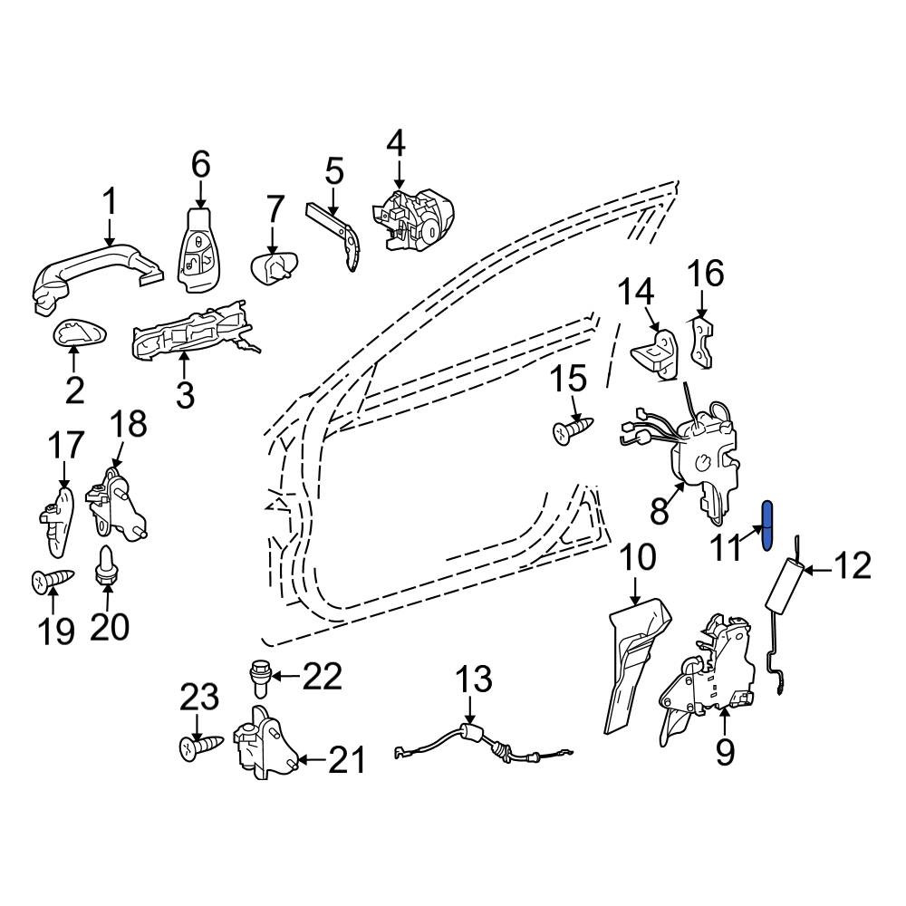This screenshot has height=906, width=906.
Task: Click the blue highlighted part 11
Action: pos(768,525)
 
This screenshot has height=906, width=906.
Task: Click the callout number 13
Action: pos(474,679)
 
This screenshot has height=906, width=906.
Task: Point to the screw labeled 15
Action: pos(573,430)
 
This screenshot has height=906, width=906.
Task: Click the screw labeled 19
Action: pos(53,581)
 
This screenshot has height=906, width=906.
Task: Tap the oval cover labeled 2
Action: pos(81,334)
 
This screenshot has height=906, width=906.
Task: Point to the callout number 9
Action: pos(725,752)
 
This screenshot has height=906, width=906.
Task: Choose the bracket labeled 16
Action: pos(702,342)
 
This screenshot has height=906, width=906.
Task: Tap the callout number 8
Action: pos(660,510)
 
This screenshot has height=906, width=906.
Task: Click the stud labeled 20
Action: pos(104,567)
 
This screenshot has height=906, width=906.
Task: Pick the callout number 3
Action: pos(185,394)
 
